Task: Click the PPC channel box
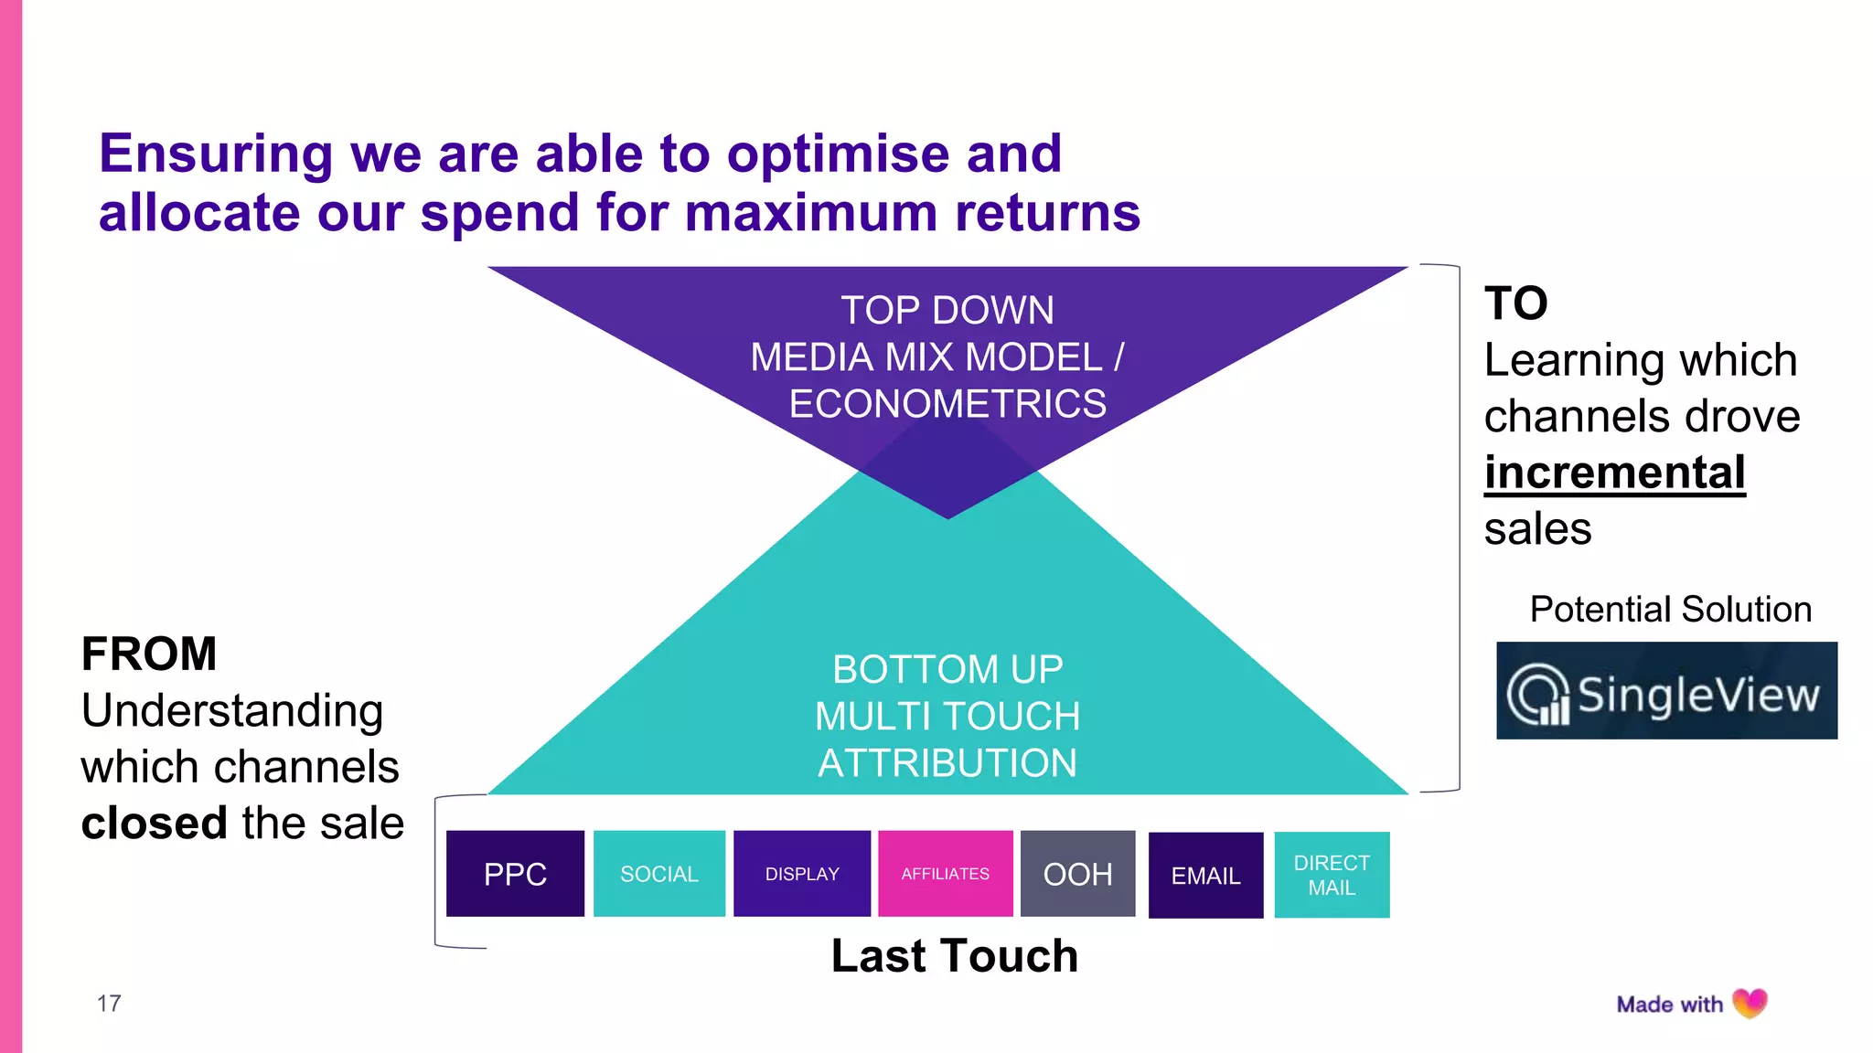click(x=515, y=874)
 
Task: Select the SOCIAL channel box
click(x=658, y=874)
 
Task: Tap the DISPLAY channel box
click(x=802, y=874)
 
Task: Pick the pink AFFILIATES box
click(x=945, y=874)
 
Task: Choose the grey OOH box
click(x=1077, y=874)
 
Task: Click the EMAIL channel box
click(x=1205, y=876)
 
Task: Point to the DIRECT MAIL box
click(x=1332, y=875)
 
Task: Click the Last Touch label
click(x=954, y=956)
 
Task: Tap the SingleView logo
click(x=1666, y=691)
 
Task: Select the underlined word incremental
click(x=1614, y=473)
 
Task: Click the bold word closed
click(x=154, y=823)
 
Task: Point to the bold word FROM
click(x=149, y=654)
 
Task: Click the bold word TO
click(x=1515, y=303)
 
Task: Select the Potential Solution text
click(x=1670, y=610)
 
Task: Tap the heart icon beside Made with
click(x=1750, y=1003)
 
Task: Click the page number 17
click(x=109, y=1004)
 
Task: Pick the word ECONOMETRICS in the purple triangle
click(x=947, y=404)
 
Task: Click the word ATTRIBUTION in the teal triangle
click(x=947, y=763)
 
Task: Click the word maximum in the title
click(x=810, y=213)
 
